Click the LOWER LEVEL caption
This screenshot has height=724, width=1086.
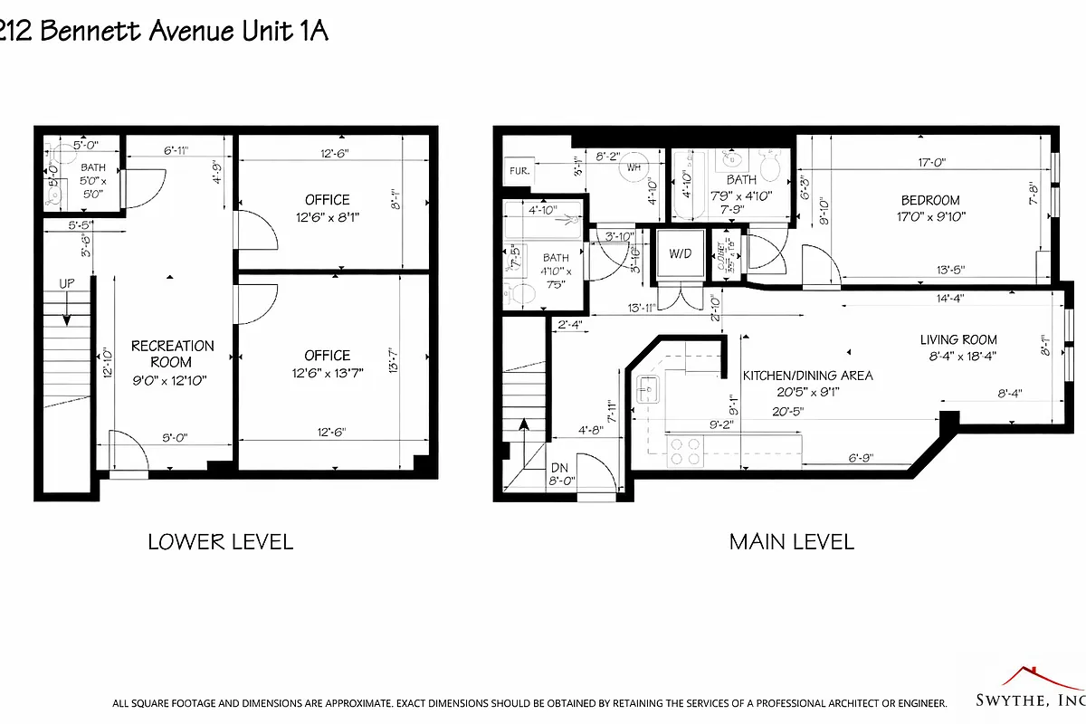tap(220, 542)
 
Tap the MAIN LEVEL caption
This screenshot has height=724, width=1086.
tap(792, 542)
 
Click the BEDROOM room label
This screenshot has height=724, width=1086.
tap(929, 200)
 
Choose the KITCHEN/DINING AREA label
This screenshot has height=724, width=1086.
tap(807, 375)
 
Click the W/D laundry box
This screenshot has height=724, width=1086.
tap(679, 253)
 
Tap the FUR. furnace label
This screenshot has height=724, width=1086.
tap(519, 170)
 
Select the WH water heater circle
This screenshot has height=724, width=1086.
tap(634, 167)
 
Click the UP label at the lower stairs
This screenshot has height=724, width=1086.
tap(66, 283)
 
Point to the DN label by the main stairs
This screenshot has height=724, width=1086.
tap(559, 468)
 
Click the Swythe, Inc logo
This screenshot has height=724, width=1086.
tap(1032, 698)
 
